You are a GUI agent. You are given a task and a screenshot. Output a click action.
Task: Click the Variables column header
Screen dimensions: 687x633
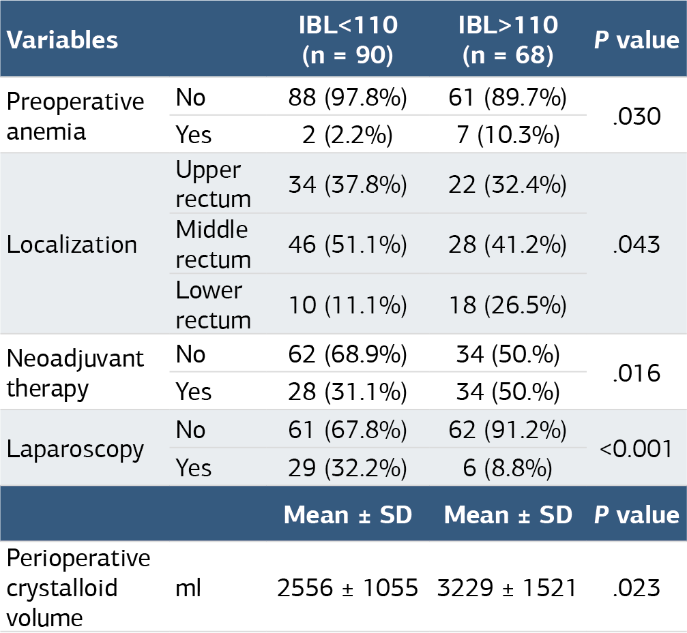[x=62, y=40]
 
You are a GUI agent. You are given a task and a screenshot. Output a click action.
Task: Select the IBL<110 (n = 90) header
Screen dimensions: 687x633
[x=348, y=40]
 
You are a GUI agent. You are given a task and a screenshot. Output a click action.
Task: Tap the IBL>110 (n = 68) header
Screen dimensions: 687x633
[x=508, y=40]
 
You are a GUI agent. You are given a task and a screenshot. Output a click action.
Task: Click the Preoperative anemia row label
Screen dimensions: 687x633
[x=75, y=117]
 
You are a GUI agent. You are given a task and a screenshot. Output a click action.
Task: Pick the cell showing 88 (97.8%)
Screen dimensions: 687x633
[x=347, y=97]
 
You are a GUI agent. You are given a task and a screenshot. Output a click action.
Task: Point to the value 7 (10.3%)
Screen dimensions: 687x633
[x=508, y=134]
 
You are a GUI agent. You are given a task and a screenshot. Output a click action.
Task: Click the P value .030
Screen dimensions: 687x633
[x=637, y=117]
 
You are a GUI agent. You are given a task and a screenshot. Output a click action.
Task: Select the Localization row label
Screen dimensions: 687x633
[x=72, y=244]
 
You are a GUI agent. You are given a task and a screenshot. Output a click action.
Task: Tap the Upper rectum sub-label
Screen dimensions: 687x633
[x=214, y=184]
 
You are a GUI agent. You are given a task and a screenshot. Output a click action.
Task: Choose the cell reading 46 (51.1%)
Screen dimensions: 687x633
[x=347, y=244]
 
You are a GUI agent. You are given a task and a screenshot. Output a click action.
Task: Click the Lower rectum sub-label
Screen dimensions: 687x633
[x=214, y=305]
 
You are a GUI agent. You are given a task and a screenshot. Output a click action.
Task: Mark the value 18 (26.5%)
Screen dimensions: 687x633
[x=508, y=305]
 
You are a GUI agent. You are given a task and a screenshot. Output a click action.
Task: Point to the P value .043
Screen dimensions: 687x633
[x=637, y=245]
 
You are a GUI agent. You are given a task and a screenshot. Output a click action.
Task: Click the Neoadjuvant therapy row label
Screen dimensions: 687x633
[x=75, y=373]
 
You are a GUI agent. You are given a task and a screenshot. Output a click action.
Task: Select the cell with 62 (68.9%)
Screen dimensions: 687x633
[x=347, y=354]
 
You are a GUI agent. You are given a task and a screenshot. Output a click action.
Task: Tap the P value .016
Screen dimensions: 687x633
[x=637, y=373]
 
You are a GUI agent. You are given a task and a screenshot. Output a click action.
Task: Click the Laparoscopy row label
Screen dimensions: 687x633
[x=75, y=449]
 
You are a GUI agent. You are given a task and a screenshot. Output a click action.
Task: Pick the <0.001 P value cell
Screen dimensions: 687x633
[x=636, y=449]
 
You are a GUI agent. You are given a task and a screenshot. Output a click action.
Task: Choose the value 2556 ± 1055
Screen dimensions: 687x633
[x=347, y=587]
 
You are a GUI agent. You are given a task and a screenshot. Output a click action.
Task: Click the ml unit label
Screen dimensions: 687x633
[x=188, y=587]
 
